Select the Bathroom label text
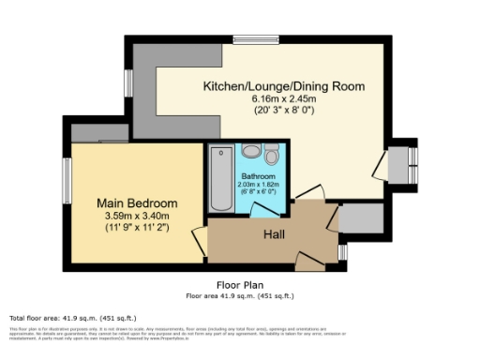point(258,176)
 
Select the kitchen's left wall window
point(130,82)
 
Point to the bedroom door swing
point(198,241)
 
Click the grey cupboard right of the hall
point(359,218)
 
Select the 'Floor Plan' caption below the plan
point(239,285)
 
